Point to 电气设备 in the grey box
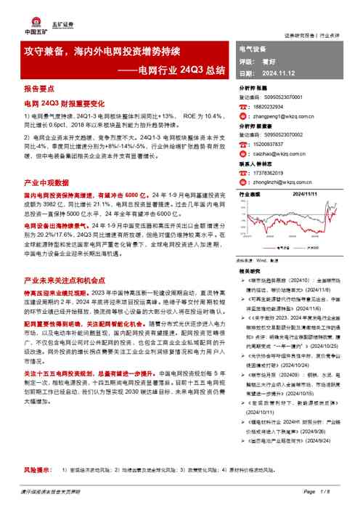253,48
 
